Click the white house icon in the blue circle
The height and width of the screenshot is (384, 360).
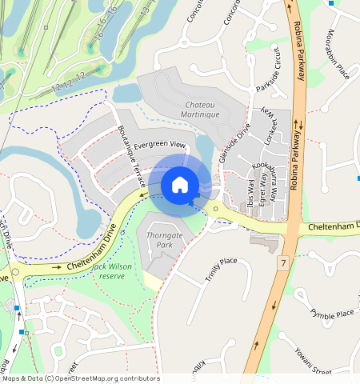click(180, 185)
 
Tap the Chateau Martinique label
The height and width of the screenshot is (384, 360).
click(190, 110)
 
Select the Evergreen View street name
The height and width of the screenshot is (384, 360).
click(159, 145)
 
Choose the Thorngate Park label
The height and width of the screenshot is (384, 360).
click(161, 239)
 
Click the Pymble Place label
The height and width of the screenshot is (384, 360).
click(332, 314)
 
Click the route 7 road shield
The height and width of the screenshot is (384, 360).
click(283, 262)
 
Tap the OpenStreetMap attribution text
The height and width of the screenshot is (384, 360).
click(80, 378)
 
